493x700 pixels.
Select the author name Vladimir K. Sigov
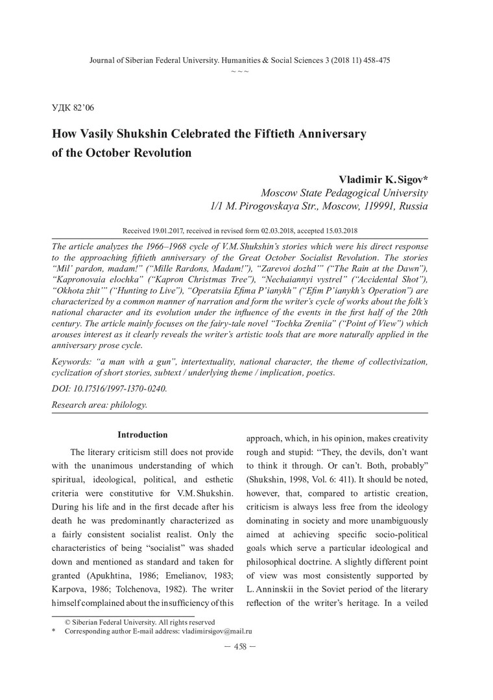pos(383,178)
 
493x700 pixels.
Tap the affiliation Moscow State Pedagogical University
pos(344,192)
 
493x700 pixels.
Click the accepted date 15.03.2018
pos(339,230)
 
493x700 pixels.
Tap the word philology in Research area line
pos(128,404)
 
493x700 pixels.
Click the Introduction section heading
pos(142,435)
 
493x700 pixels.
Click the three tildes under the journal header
pos(239,69)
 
